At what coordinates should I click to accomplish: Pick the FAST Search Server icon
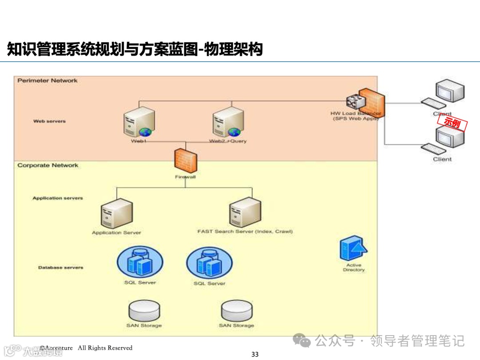(245, 212)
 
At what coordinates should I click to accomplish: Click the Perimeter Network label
(48, 80)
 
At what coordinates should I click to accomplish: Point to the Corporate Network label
(48, 165)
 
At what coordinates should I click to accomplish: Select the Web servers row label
(49, 121)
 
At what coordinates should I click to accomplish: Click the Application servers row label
(58, 198)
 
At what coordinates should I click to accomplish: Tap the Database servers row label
(60, 268)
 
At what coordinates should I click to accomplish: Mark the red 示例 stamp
(452, 123)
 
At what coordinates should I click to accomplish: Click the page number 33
(255, 354)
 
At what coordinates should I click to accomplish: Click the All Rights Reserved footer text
(105, 348)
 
